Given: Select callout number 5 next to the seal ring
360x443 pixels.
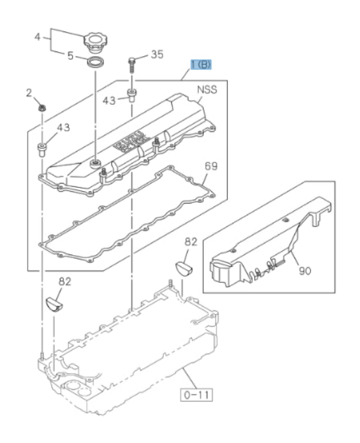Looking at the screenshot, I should click(70, 55).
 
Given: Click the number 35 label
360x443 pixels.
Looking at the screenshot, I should click(157, 54).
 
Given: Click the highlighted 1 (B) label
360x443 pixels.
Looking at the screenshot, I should click(200, 65).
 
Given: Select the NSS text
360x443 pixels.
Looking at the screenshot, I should click(206, 90).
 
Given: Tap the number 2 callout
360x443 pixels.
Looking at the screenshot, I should click(29, 93).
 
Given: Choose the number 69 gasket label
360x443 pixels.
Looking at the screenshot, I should click(211, 166).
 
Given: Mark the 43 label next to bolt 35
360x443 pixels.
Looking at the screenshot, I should click(109, 100).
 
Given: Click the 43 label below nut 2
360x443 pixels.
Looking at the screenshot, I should click(63, 128).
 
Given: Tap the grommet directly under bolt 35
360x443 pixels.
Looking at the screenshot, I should click(132, 95).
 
